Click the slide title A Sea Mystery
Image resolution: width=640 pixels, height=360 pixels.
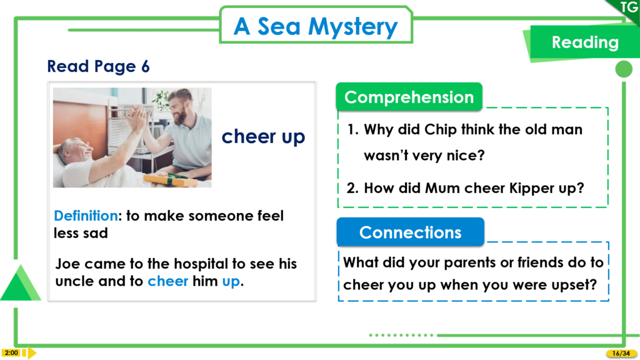[316, 26]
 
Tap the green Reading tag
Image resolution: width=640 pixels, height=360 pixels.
[584, 42]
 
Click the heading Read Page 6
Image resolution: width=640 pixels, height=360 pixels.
[98, 66]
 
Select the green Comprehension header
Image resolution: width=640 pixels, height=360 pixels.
[409, 97]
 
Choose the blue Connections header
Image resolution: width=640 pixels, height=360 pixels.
[410, 232]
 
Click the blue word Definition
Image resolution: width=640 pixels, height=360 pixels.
[86, 216]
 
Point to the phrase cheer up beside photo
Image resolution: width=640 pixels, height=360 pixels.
[263, 137]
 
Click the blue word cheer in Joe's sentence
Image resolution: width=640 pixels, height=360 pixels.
[167, 281]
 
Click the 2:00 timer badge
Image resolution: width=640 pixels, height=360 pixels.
[11, 352]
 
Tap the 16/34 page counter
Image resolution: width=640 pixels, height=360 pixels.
[621, 354]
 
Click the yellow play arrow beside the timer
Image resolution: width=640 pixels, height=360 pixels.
[32, 352]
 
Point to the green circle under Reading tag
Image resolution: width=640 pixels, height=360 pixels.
[624, 69]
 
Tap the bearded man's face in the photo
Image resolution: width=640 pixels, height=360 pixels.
[179, 109]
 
